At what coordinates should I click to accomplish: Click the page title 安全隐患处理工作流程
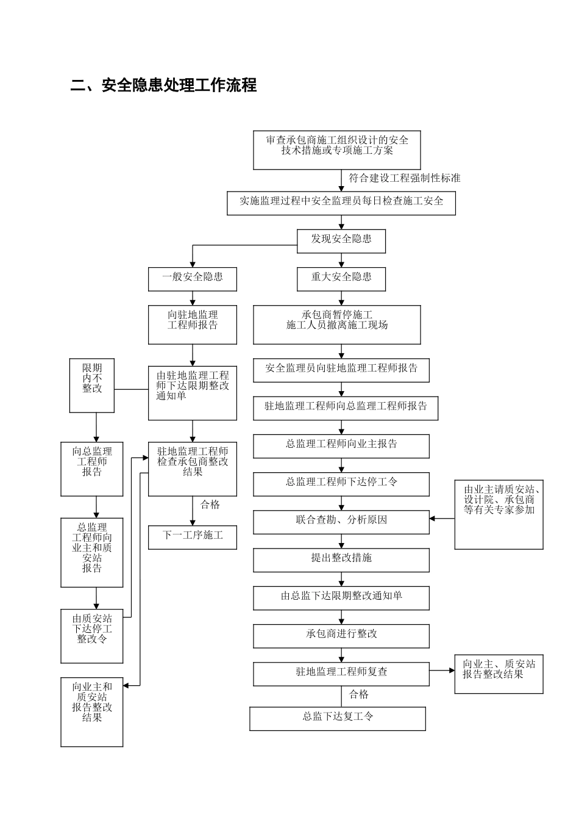pos(163,85)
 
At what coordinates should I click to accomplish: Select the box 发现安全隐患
pos(341,240)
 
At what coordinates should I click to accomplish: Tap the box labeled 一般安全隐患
pos(192,279)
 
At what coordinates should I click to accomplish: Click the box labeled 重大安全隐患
pos(341,279)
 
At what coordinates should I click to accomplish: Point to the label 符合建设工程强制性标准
pos(404,178)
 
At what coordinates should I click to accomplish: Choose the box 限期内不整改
pos(92,385)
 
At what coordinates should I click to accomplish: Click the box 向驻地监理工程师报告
pos(192,324)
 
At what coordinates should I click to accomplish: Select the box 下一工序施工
pos(192,537)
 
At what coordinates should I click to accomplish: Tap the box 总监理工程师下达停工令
pos(341,484)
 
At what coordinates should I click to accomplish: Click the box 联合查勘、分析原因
pos(341,522)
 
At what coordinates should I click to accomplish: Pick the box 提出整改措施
pos(341,559)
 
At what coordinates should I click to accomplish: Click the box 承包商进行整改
pos(341,636)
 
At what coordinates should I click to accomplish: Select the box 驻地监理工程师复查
pos(341,674)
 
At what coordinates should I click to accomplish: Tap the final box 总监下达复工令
pos(337,718)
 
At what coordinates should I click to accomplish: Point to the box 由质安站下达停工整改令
pos(92,635)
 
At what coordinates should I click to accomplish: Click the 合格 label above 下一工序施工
pos(210,505)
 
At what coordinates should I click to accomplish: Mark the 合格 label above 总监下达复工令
pos(358,694)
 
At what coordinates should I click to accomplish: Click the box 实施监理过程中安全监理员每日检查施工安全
pos(341,203)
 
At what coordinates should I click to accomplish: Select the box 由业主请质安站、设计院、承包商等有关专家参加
pos(499,514)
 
